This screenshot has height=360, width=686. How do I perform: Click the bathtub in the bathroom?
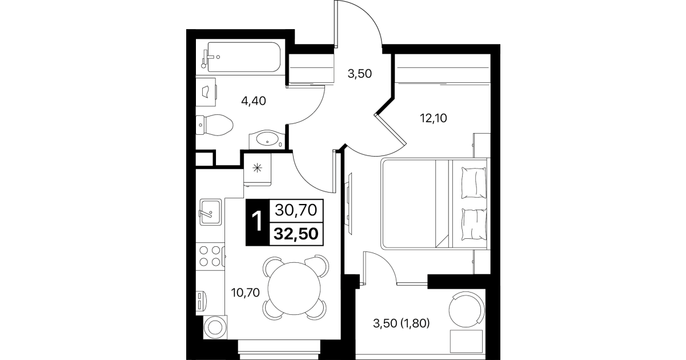click(x=244, y=57)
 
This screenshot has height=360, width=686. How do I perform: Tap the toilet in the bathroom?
click(x=214, y=125)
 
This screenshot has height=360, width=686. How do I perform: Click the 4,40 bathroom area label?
click(x=254, y=101)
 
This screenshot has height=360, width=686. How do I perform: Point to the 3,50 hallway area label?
click(x=359, y=74)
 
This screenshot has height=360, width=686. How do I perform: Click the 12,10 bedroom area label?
click(x=434, y=118)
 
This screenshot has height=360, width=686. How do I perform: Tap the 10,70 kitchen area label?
click(x=246, y=293)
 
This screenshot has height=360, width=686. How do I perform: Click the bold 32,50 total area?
click(x=296, y=234)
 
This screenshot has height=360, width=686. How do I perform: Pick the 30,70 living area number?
click(x=296, y=210)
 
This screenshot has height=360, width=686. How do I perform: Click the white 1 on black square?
click(x=257, y=222)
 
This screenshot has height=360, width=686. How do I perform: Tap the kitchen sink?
click(x=210, y=213)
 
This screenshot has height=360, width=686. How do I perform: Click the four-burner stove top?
click(x=210, y=256)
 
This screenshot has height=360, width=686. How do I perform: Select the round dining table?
click(x=294, y=289)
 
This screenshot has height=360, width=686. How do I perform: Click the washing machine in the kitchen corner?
click(x=215, y=327)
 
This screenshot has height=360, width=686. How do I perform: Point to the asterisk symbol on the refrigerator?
click(x=257, y=168)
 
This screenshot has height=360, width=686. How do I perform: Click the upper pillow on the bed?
click(x=474, y=183)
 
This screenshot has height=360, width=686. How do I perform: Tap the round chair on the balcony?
click(x=467, y=310)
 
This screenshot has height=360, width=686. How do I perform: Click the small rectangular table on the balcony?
click(x=467, y=341)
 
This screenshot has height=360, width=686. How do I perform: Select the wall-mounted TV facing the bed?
click(x=349, y=204)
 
